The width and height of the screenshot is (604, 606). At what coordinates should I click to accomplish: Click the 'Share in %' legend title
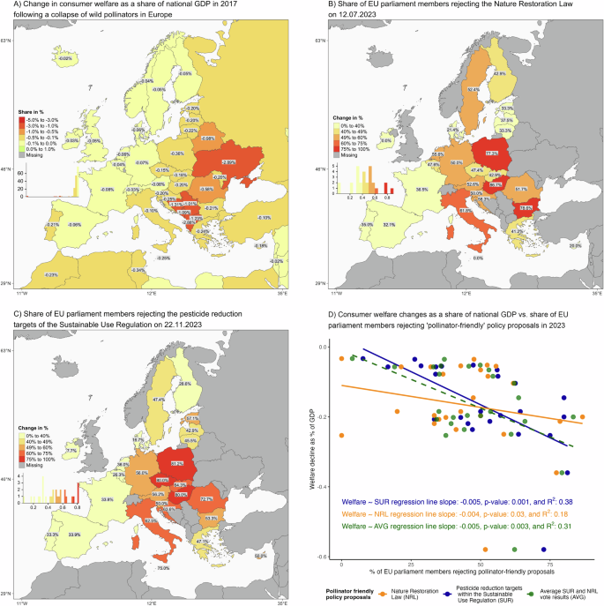tap(34, 112)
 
